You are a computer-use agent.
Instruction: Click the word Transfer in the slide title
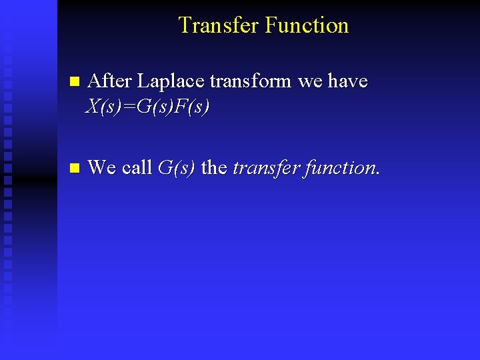(x=219, y=25)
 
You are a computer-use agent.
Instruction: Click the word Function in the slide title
(x=307, y=25)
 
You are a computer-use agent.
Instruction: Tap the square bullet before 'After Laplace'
(x=74, y=82)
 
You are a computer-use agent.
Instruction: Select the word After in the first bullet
(x=109, y=81)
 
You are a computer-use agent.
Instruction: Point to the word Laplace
(x=171, y=81)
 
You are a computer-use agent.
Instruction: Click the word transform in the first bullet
(x=251, y=81)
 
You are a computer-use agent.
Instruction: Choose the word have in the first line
(x=347, y=81)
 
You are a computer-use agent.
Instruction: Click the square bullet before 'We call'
(x=74, y=168)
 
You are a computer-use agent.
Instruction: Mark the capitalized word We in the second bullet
(x=102, y=167)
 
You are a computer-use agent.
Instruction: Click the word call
(x=137, y=167)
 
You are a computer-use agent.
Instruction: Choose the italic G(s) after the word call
(x=177, y=167)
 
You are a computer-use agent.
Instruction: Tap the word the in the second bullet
(x=214, y=167)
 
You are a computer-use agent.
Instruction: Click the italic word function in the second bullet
(x=339, y=167)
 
